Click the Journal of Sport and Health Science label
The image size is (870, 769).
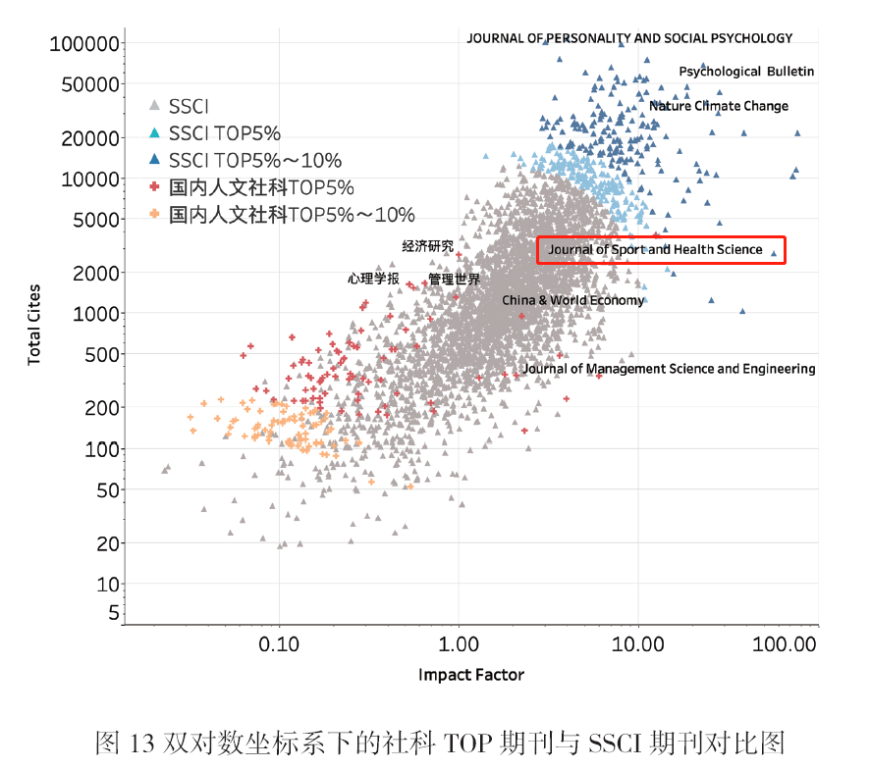click(655, 250)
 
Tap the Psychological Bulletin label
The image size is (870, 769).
click(746, 72)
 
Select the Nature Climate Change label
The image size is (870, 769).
click(718, 106)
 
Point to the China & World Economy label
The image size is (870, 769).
click(573, 300)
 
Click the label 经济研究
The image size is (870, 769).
click(428, 246)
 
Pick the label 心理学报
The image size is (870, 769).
click(373, 279)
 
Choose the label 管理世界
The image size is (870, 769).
click(455, 280)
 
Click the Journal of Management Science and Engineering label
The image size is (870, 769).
click(669, 369)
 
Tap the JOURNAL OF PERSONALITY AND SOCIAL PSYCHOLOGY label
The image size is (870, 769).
click(629, 38)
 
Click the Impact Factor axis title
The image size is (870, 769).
click(471, 675)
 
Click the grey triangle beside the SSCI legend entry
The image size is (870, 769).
click(154, 106)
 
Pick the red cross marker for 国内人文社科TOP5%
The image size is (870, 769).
click(154, 187)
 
